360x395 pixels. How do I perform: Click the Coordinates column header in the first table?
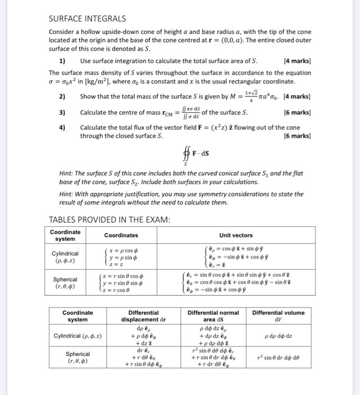click(121, 235)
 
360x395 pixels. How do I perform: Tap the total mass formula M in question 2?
click(249, 96)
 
